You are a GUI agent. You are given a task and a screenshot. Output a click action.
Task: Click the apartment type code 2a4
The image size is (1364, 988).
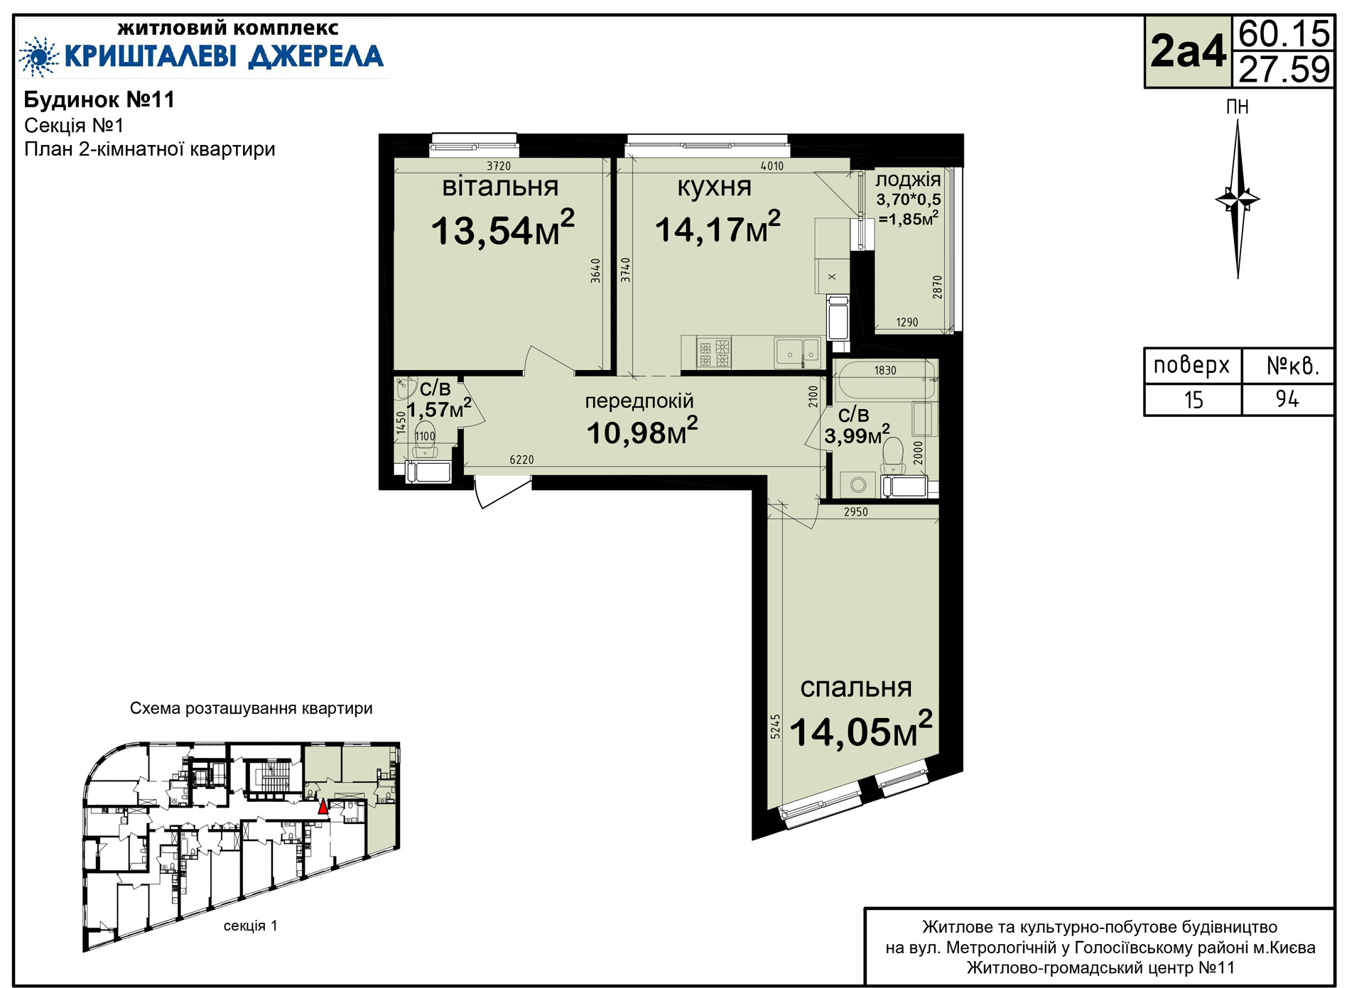pyautogui.click(x=1189, y=51)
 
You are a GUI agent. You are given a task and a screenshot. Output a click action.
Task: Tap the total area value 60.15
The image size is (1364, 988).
pyautogui.click(x=1284, y=33)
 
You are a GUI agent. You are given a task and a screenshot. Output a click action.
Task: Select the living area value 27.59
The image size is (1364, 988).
pyautogui.click(x=1284, y=69)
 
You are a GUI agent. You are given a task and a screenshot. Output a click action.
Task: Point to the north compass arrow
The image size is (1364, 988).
pyautogui.click(x=1238, y=199)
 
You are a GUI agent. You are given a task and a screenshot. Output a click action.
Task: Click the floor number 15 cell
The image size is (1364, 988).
pyautogui.click(x=1193, y=400)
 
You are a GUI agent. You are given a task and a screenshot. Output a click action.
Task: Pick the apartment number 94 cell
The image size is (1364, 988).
pyautogui.click(x=1287, y=400)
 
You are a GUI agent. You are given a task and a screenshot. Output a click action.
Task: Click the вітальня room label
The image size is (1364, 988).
pyautogui.click(x=500, y=186)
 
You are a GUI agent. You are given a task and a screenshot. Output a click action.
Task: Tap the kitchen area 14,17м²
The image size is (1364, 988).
pyautogui.click(x=718, y=228)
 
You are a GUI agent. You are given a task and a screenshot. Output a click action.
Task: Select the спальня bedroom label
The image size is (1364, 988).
pyautogui.click(x=856, y=688)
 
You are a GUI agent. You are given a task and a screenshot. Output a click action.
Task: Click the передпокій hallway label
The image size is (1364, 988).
pyautogui.click(x=639, y=401)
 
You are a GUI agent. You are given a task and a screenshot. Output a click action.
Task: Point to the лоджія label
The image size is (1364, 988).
pyautogui.click(x=908, y=180)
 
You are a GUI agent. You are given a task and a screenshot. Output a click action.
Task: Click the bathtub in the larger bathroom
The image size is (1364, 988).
pyautogui.click(x=886, y=380)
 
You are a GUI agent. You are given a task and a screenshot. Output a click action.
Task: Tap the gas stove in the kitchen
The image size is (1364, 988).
pyautogui.click(x=714, y=353)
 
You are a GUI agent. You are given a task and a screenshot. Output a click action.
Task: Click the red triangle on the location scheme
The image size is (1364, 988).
pyautogui.click(x=323, y=806)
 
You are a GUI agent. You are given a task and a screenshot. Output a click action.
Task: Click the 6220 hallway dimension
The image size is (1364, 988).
pyautogui.click(x=521, y=460)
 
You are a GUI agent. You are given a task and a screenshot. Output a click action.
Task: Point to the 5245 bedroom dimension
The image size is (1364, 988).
pyautogui.click(x=775, y=727)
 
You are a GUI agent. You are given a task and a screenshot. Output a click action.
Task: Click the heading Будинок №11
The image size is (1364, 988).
pyautogui.click(x=99, y=99)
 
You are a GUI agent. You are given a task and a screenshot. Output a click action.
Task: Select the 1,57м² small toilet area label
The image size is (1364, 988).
pyautogui.click(x=438, y=408)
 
